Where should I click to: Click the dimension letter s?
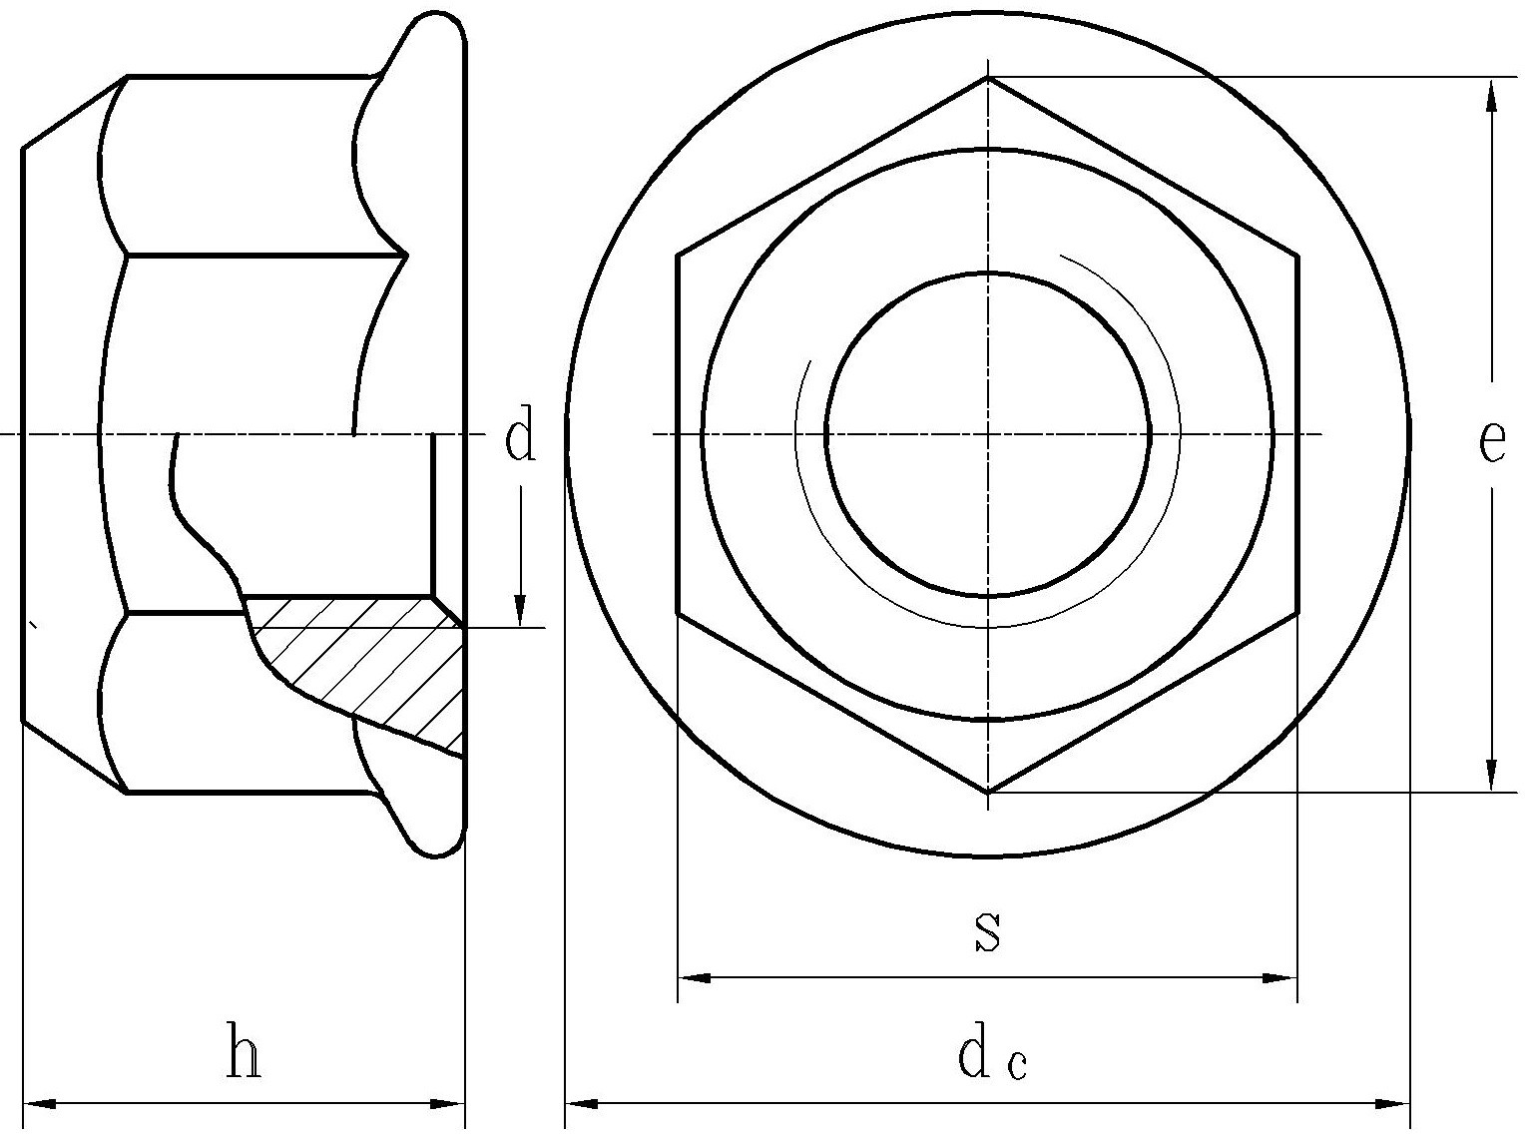click(x=987, y=930)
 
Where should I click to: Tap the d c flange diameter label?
click(x=992, y=1058)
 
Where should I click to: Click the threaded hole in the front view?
click(x=988, y=434)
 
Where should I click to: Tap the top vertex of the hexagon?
click(x=988, y=78)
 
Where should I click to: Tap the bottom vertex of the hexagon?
click(x=988, y=792)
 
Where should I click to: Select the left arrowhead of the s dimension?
click(x=694, y=978)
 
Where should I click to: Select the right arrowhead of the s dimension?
click(x=1279, y=978)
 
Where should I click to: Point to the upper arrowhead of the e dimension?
click(x=1491, y=96)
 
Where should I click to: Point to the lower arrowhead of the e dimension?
click(x=1491, y=775)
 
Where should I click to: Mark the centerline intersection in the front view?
click(x=988, y=434)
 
